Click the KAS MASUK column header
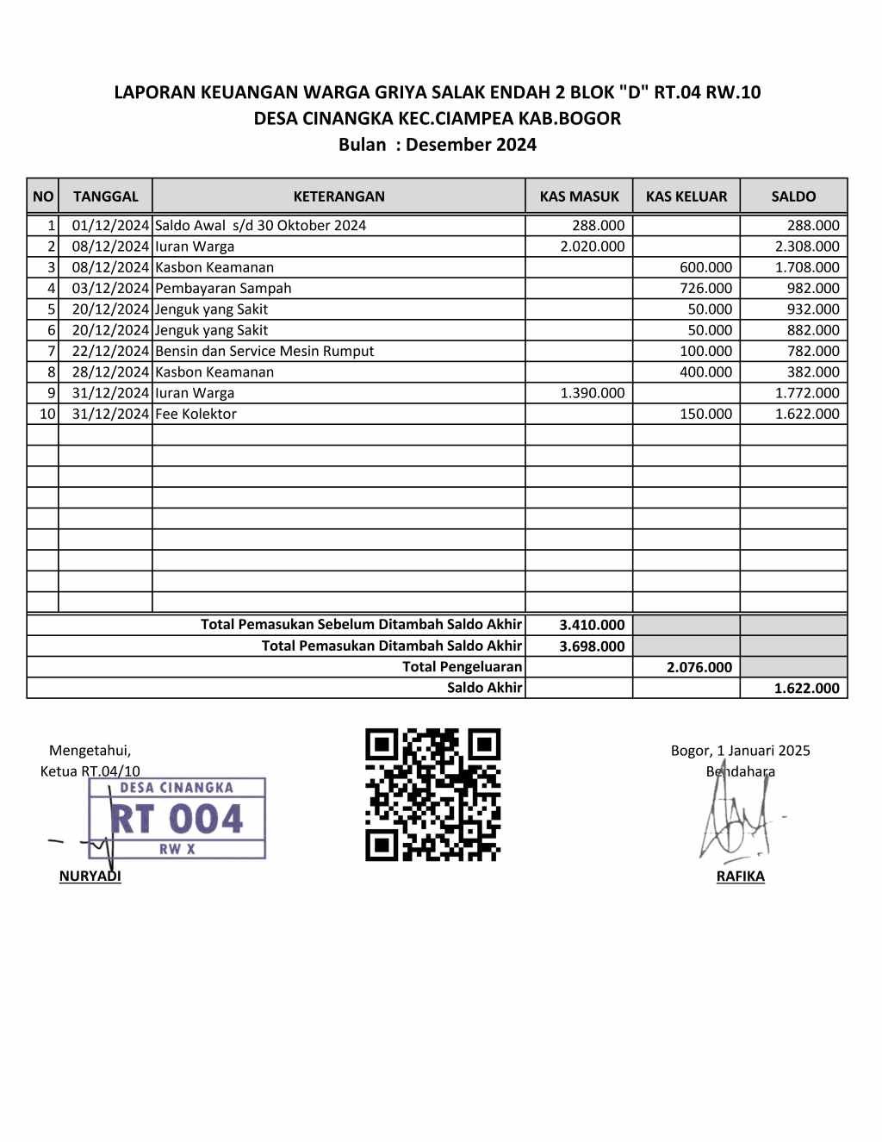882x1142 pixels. [579, 196]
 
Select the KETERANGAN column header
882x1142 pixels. [339, 196]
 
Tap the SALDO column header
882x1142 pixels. [793, 196]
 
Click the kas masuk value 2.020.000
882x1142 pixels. [592, 246]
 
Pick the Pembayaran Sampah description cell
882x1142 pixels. [223, 288]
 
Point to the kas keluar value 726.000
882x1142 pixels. [705, 288]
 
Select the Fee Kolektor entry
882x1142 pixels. [196, 414]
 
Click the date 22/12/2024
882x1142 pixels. [110, 351]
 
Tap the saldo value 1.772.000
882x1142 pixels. [806, 393]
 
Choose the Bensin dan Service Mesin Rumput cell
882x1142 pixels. [264, 351]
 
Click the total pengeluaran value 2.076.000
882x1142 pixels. [699, 667]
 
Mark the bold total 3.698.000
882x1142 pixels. [592, 646]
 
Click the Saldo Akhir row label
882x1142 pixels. [484, 688]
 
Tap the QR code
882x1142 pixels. [432, 795]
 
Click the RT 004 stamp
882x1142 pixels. [177, 818]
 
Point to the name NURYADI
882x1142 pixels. [90, 877]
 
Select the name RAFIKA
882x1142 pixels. [740, 877]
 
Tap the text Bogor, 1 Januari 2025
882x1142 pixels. [740, 751]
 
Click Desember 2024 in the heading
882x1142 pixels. [470, 145]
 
